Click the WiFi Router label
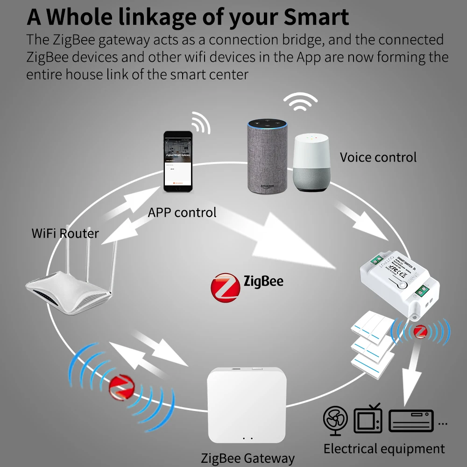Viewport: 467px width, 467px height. tap(65, 233)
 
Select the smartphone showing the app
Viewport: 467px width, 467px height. tap(177, 162)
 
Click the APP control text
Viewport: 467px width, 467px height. tap(182, 212)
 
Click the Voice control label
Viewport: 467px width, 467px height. tap(378, 157)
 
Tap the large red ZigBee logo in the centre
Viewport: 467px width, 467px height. tap(225, 286)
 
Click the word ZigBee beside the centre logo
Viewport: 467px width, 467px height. tap(263, 281)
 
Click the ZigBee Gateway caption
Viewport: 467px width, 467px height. tap(248, 458)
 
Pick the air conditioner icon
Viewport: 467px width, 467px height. tap(411, 420)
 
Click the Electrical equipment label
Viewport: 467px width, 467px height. tap(384, 449)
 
